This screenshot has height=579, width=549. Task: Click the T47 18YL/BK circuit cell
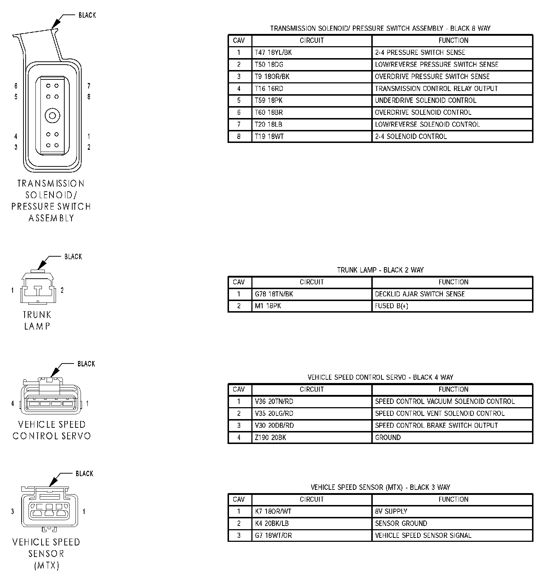[x=273, y=53]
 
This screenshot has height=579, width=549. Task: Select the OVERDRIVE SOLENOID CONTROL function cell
[x=423, y=113]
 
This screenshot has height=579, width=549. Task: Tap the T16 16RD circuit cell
[x=269, y=89]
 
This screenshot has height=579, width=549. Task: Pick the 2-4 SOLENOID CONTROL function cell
[x=411, y=137]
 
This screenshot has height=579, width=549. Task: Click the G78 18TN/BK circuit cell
[x=274, y=294]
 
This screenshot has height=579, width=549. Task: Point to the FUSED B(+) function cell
[x=392, y=306]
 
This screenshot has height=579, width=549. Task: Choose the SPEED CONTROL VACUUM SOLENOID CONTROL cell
[x=445, y=401]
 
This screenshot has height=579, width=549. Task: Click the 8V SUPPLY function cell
[x=391, y=511]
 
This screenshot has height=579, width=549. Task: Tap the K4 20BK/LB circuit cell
[x=272, y=523]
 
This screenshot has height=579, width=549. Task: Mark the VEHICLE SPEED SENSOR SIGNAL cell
[x=423, y=536]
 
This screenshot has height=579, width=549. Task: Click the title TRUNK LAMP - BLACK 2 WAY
[x=380, y=270]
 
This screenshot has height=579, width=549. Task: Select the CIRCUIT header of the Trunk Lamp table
[x=312, y=282]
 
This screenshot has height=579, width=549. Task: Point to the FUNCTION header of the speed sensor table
[x=453, y=500]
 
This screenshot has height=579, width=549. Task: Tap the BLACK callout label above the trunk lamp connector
[x=73, y=257]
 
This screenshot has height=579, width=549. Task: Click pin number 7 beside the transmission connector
[x=89, y=86]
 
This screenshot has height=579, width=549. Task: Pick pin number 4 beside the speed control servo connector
[x=13, y=404]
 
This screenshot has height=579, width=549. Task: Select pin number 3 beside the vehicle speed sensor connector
[x=13, y=511]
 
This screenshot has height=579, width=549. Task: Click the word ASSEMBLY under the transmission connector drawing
[x=51, y=218]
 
